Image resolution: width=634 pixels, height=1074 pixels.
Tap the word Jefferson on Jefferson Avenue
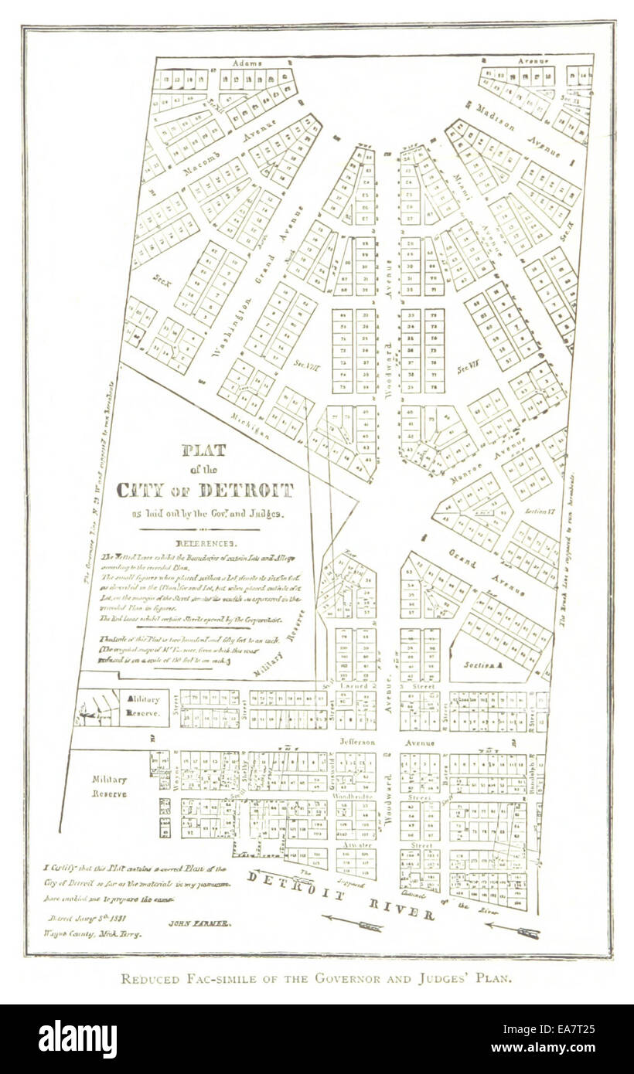coord(357,742)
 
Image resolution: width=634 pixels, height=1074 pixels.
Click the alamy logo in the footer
coord(77,1039)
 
